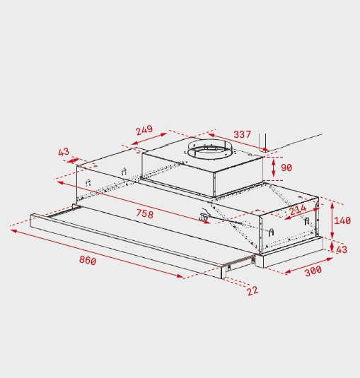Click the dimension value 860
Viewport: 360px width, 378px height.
tap(88, 260)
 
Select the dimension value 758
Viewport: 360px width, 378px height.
tap(145, 213)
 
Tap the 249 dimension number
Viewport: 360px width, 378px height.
tap(144, 130)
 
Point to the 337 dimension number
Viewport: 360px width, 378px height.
tap(243, 134)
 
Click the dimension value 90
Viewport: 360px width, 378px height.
tap(286, 167)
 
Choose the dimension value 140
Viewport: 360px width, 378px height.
tap(342, 220)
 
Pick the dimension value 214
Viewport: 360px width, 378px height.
tap(298, 210)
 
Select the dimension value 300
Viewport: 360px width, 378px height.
tap(313, 271)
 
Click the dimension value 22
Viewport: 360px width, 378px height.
tap(252, 291)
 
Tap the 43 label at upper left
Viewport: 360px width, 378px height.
tap(64, 152)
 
